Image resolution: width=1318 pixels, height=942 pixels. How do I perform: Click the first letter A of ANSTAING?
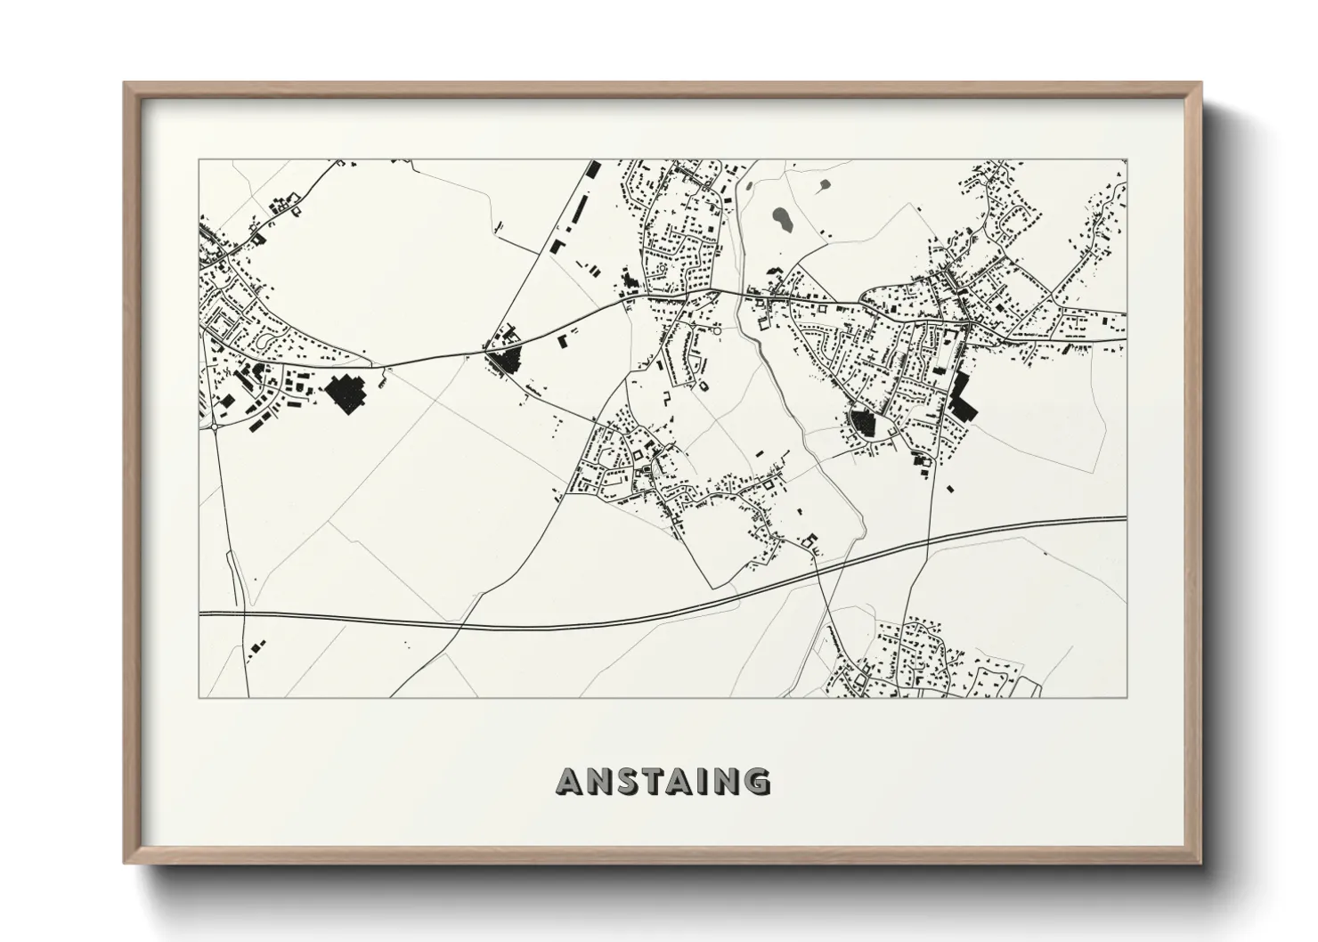570,782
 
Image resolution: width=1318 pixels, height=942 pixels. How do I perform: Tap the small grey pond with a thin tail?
824,185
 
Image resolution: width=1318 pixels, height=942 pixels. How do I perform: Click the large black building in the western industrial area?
345,393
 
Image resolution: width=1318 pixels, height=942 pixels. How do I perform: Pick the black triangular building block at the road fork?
505,361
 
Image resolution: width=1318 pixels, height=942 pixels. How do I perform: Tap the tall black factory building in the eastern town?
960,396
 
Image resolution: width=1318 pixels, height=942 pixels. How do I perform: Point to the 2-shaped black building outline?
665,398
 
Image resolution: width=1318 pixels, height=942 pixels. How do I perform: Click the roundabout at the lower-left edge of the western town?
215,427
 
